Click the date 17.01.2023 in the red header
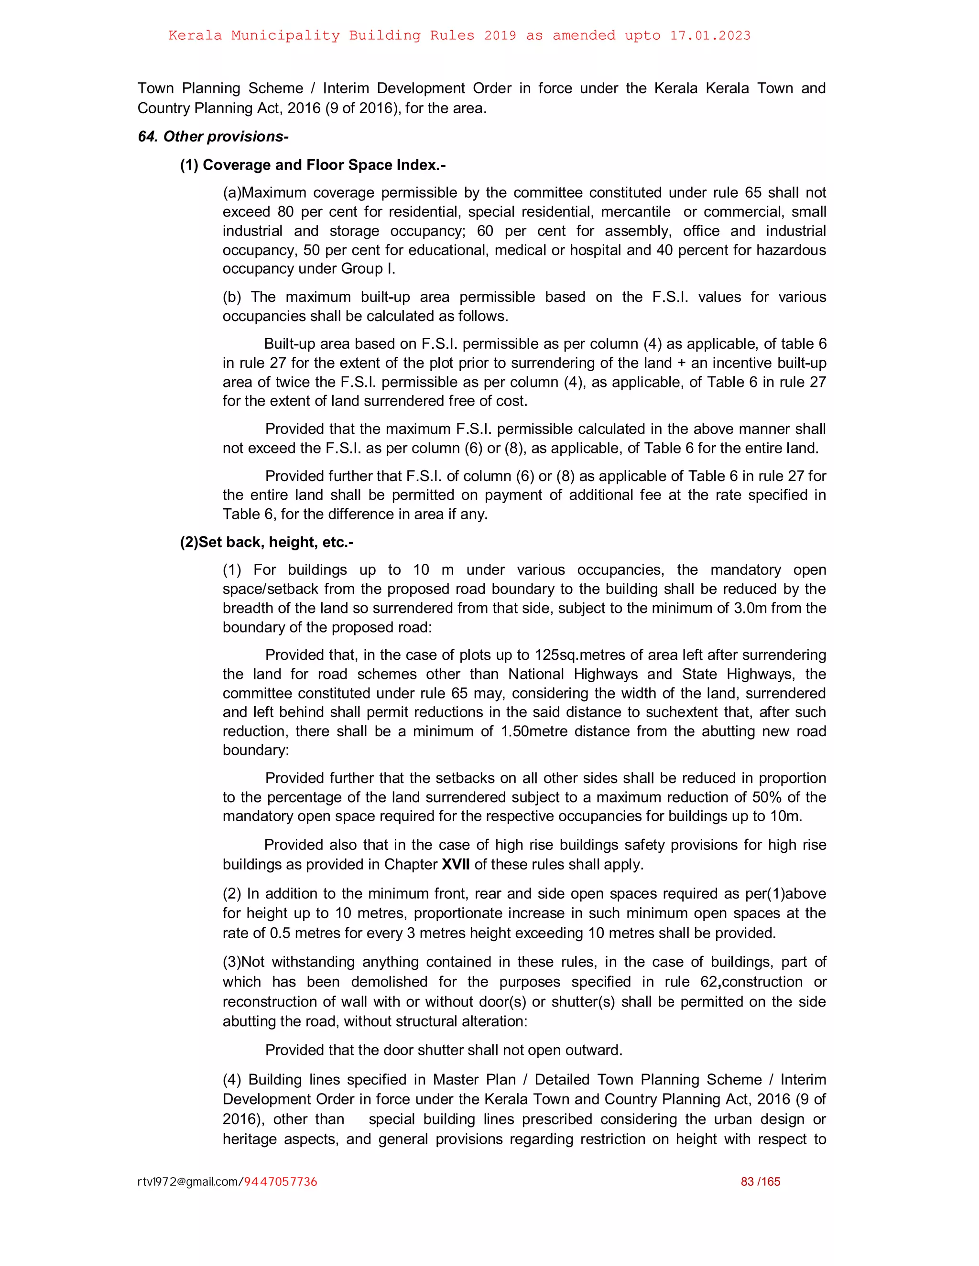click(x=710, y=35)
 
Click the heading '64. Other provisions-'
click(x=213, y=137)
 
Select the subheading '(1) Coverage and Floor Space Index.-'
click(x=313, y=165)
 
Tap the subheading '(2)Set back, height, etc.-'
click(x=267, y=542)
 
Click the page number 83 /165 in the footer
click(x=761, y=1181)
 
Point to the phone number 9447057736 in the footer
click(x=281, y=1181)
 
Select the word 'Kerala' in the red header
click(x=195, y=35)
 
